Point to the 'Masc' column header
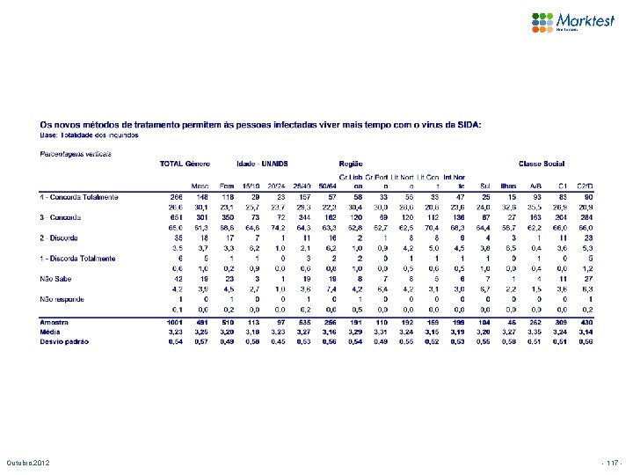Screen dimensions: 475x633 (200, 186)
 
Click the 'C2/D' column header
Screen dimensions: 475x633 (610, 186)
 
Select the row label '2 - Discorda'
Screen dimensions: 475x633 (60, 237)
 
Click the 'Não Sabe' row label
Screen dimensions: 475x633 (55, 279)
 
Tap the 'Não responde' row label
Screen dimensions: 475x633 (62, 300)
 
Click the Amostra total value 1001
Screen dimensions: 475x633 (175, 323)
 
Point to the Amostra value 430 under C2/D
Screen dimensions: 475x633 (611, 323)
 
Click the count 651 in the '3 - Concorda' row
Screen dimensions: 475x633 (176, 217)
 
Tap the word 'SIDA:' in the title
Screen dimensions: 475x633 (468, 125)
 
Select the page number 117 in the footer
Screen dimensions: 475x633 (611, 463)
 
